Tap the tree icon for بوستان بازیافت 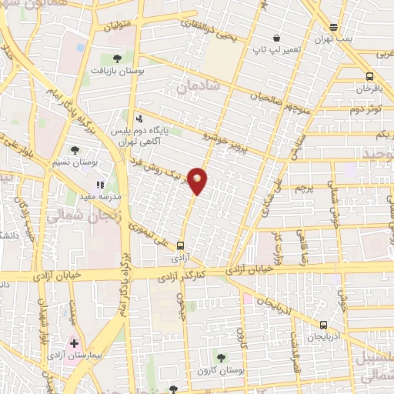point(117,58)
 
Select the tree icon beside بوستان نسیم point(75,151)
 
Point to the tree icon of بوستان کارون point(221,357)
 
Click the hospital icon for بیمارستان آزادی point(75,343)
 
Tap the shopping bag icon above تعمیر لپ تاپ point(276,38)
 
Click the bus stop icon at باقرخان point(370,76)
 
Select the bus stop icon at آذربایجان point(323,325)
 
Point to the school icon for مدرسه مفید point(99,185)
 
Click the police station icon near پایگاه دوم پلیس point(139,119)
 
